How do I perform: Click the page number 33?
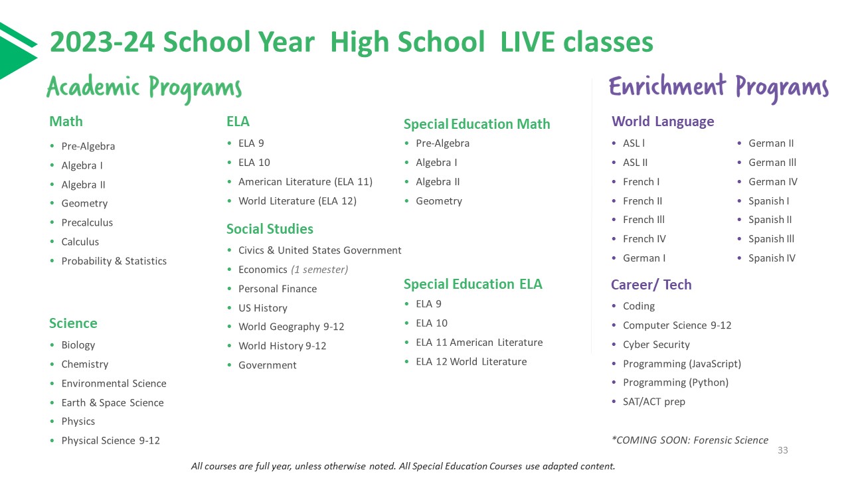782,451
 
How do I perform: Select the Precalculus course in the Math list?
87,222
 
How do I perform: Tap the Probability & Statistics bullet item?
114,261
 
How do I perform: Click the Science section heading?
73,323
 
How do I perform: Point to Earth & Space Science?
112,402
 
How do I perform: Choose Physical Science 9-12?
110,440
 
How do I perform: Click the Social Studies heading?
270,229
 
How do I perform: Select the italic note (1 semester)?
319,270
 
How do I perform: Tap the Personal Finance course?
278,289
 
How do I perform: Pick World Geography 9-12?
291,327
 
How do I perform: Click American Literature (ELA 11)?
305,181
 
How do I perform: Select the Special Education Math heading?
477,124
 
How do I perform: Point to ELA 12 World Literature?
471,361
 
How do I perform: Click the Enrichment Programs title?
719,88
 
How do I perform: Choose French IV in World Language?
644,238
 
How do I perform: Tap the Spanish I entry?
768,200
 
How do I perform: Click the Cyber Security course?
656,345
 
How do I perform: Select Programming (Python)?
675,382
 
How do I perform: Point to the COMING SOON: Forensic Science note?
689,440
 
